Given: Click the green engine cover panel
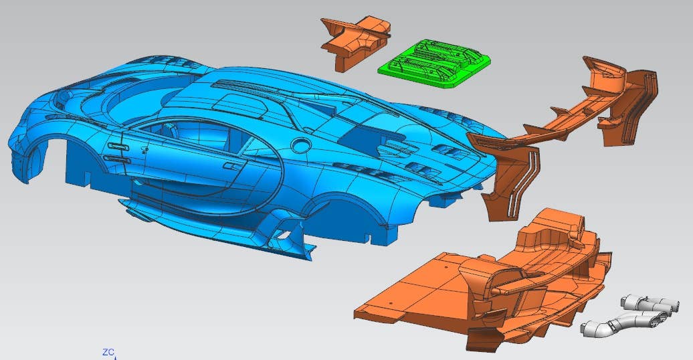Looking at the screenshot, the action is pyautogui.click(x=434, y=64).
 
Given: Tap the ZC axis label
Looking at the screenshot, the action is pyautogui.click(x=108, y=353).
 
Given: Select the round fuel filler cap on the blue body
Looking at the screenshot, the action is pyautogui.click(x=301, y=145).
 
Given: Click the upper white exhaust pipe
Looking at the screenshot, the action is pyautogui.click(x=650, y=303).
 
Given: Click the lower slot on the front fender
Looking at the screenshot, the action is pyautogui.click(x=116, y=159).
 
